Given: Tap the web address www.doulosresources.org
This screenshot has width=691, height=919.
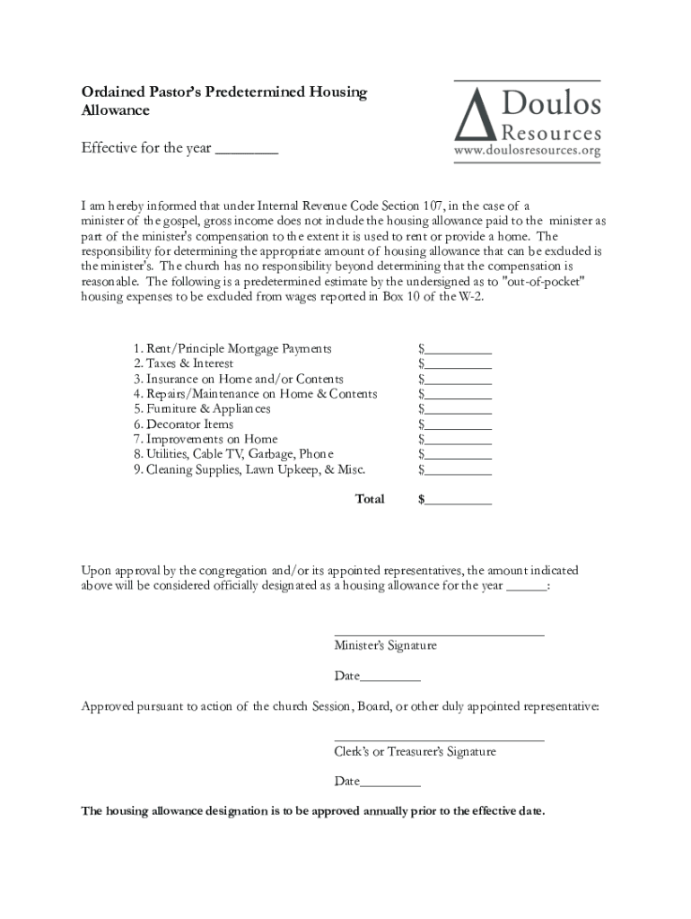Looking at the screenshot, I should click(x=527, y=151).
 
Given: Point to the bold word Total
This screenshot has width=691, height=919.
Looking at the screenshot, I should click(x=370, y=499).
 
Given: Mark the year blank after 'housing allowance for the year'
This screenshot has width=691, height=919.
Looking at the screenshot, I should click(x=526, y=586).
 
